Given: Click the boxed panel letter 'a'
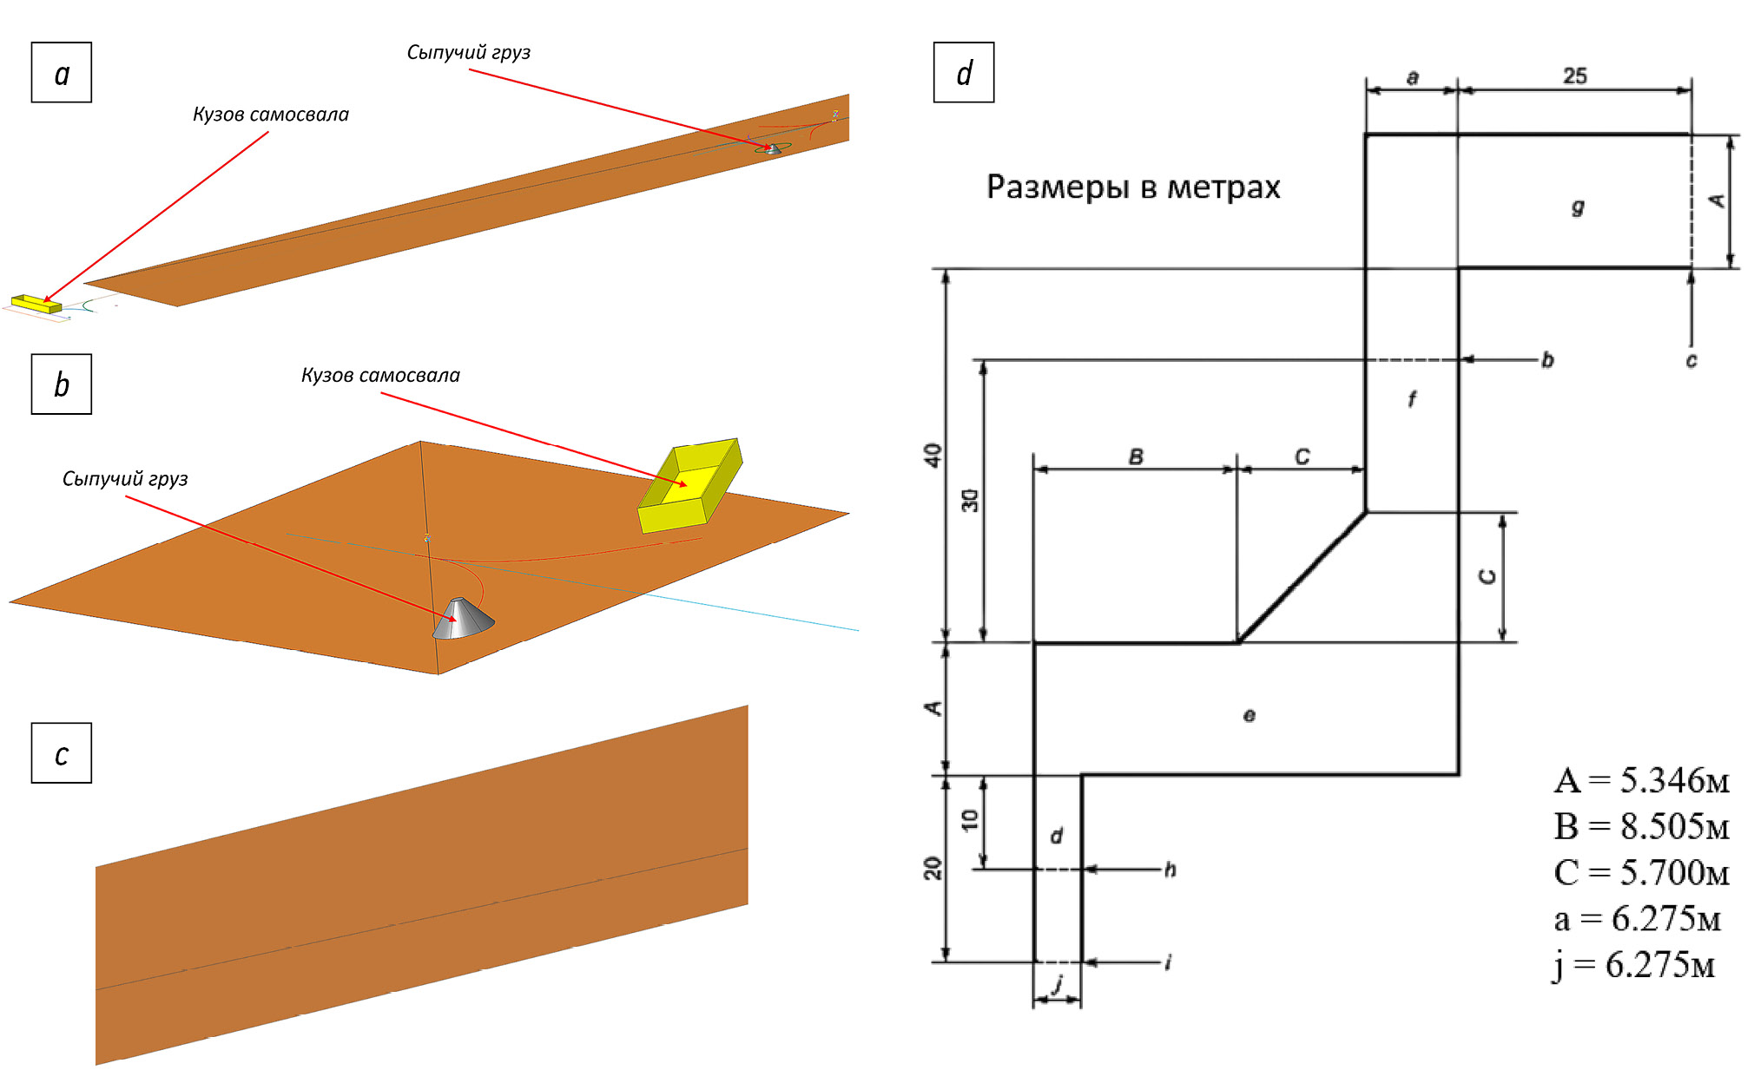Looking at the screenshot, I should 62,73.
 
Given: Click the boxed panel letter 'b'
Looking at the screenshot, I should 62,384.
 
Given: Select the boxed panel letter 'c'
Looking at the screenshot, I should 62,753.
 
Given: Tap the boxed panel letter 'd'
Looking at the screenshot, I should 964,73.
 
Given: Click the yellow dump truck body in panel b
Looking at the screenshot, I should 690,486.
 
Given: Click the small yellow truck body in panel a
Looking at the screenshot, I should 36,303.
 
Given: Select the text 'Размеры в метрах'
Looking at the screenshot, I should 1133,187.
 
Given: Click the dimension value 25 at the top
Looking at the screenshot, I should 1575,76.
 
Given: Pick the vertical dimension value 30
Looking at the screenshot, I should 970,500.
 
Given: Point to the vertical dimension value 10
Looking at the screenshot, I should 970,819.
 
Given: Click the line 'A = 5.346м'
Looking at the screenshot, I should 1641,780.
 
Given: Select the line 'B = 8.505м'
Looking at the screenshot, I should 1641,826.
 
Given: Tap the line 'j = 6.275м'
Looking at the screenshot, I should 1633,965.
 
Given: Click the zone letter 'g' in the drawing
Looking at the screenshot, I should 1578,207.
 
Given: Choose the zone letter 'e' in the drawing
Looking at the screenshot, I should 1249,715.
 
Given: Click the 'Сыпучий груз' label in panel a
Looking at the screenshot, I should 468,52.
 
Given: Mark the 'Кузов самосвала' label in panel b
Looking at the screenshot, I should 380,375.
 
